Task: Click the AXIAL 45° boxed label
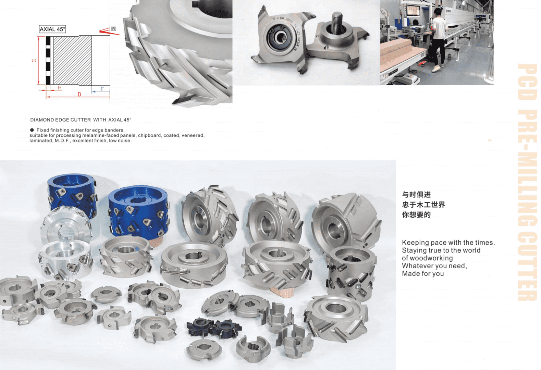[x=52, y=29]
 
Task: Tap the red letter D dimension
[x=79, y=95]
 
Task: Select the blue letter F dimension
[x=102, y=89]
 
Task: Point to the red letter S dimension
[x=34, y=61]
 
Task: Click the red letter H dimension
[x=60, y=88]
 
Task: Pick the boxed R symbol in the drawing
[x=113, y=29]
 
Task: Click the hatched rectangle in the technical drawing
[x=72, y=60]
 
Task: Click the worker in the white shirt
[x=438, y=38]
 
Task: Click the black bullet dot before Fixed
[x=32, y=130]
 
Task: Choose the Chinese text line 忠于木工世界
[x=423, y=205]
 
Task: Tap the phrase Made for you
[x=423, y=274]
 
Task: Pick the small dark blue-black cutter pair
[x=213, y=328]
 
